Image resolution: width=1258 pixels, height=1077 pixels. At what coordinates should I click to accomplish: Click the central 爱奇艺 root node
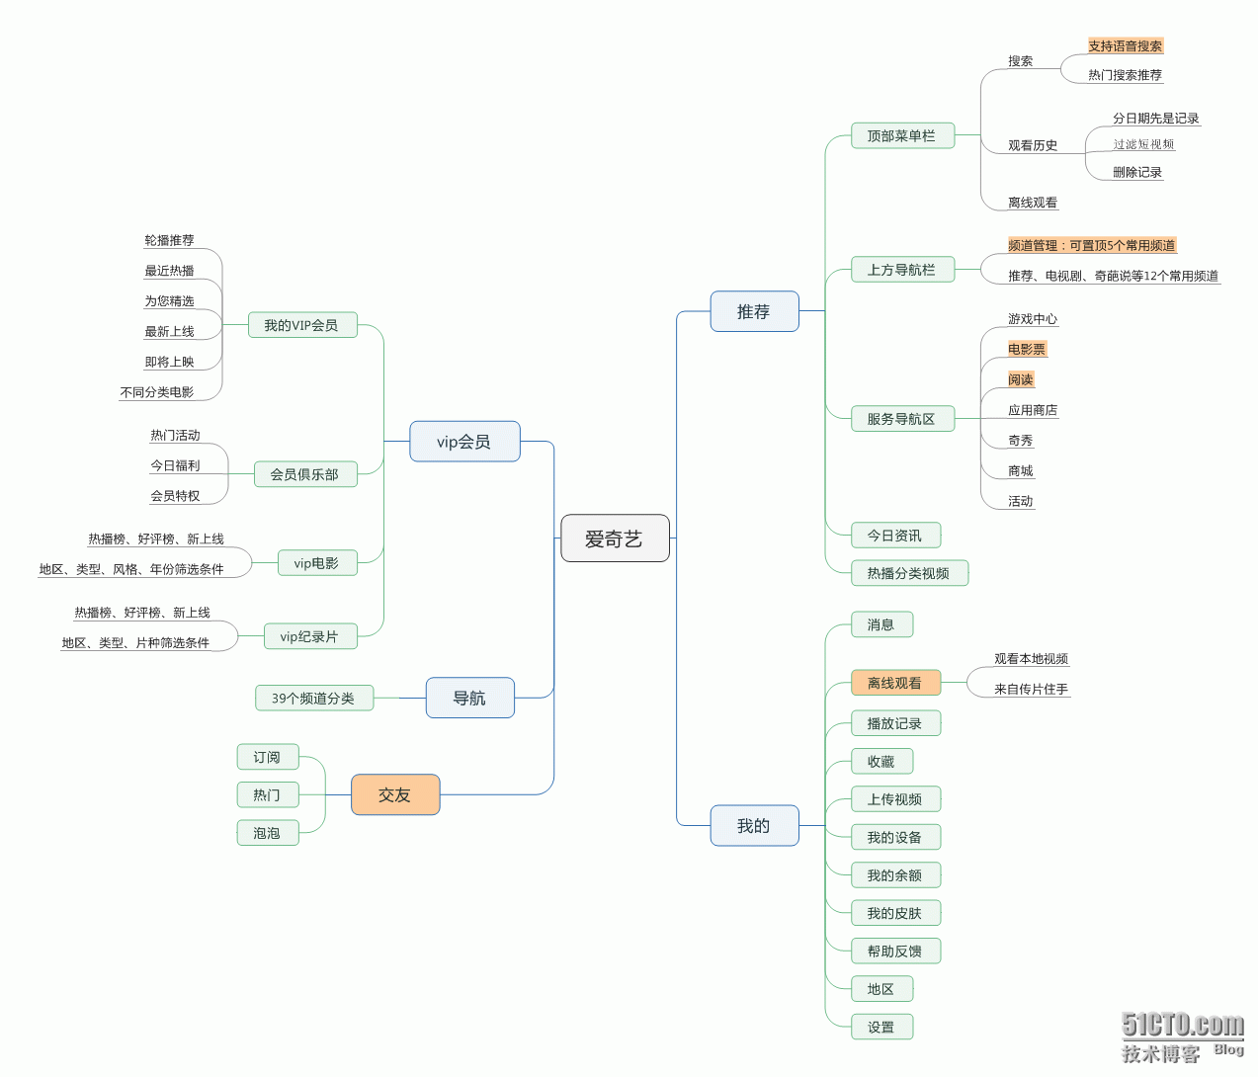tap(615, 538)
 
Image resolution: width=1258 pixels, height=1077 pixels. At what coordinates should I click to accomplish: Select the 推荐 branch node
tap(754, 311)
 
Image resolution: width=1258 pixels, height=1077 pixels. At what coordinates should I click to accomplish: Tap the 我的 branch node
tap(754, 825)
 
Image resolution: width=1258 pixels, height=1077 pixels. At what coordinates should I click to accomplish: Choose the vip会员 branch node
tap(464, 442)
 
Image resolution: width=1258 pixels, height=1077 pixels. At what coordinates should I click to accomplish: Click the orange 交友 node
tap(395, 794)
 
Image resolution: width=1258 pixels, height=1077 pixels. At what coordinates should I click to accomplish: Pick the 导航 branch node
tap(469, 698)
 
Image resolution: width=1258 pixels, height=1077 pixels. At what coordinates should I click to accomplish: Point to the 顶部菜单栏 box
tap(902, 135)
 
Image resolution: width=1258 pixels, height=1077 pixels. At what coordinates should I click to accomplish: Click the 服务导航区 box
tap(902, 419)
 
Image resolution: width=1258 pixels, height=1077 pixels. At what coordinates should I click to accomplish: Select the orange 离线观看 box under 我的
tap(895, 683)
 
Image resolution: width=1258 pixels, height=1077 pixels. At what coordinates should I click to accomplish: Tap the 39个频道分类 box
tap(313, 698)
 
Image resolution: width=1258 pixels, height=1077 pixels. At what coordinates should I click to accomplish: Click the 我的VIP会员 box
tap(301, 325)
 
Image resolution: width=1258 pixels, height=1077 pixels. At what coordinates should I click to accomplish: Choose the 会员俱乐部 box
tap(304, 474)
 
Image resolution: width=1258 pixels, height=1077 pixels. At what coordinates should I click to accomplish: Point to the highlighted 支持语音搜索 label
tap(1126, 45)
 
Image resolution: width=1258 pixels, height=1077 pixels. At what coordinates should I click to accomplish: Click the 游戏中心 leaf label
tap(1033, 319)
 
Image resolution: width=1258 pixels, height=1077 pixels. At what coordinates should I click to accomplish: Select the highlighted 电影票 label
tap(1027, 349)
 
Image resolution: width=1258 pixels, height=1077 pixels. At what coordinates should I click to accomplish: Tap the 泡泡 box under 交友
tap(267, 833)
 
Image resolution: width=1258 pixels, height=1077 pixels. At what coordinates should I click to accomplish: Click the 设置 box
tap(881, 1027)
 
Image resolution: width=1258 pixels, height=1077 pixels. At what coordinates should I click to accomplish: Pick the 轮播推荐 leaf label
tap(170, 240)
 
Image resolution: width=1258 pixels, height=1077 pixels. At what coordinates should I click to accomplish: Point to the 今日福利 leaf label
tap(176, 465)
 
